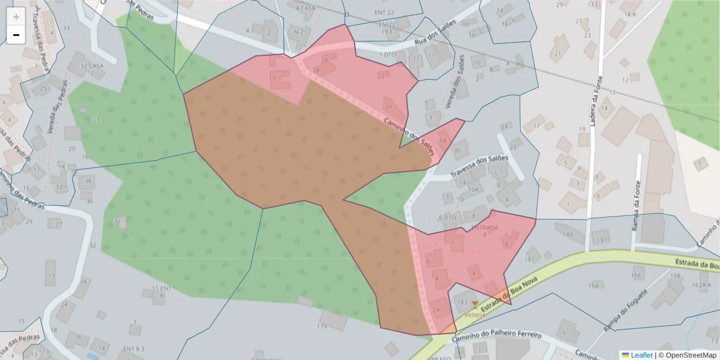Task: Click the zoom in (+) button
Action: coord(16,17)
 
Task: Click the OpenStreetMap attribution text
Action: coord(688,355)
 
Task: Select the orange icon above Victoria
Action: coord(475,305)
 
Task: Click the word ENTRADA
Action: coord(484,228)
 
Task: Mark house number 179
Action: coord(322,326)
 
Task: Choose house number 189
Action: coord(568,235)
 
